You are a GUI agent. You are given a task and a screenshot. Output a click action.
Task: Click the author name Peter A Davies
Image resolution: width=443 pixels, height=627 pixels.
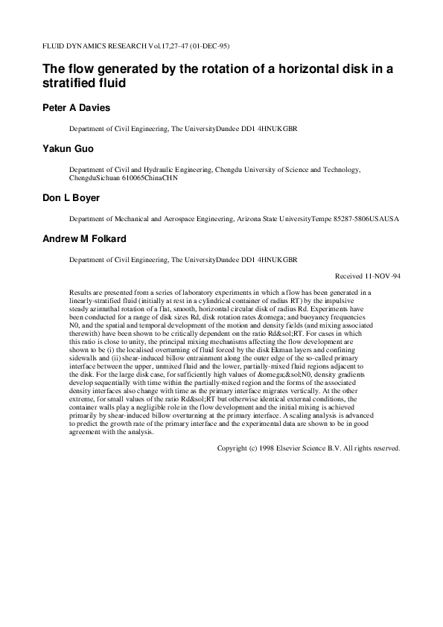click(x=75, y=107)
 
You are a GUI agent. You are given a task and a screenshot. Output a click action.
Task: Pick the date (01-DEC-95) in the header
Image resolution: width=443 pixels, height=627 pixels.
click(x=188, y=45)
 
